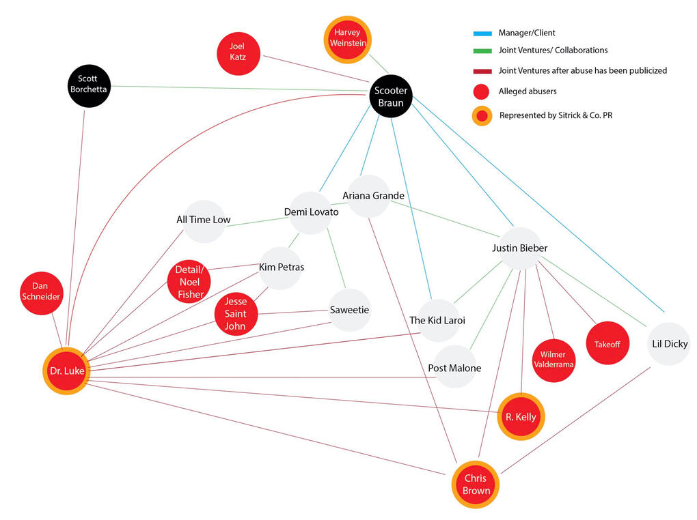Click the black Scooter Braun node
point(392,97)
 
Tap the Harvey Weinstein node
point(348,38)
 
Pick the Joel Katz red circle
point(237,51)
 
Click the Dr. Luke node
point(66,371)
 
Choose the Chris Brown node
point(476,485)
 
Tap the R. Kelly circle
point(521,416)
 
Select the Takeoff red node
point(607,343)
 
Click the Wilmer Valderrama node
point(553,359)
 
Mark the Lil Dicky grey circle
point(669,343)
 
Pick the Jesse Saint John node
point(236,314)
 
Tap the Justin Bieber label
point(519,248)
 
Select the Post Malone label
point(454,369)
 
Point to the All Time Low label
point(203,220)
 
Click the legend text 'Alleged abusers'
point(527,91)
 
